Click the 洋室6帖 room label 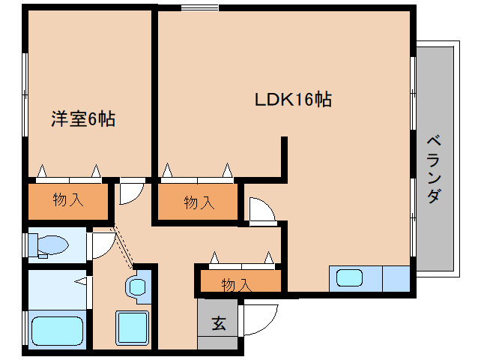pos(82,118)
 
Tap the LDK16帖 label pos(294,100)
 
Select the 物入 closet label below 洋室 pos(68,200)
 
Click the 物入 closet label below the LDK pos(199,202)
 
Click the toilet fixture pos(46,244)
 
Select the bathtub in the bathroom pos(57,330)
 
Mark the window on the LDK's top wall pos(199,8)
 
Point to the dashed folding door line pos(123,247)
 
